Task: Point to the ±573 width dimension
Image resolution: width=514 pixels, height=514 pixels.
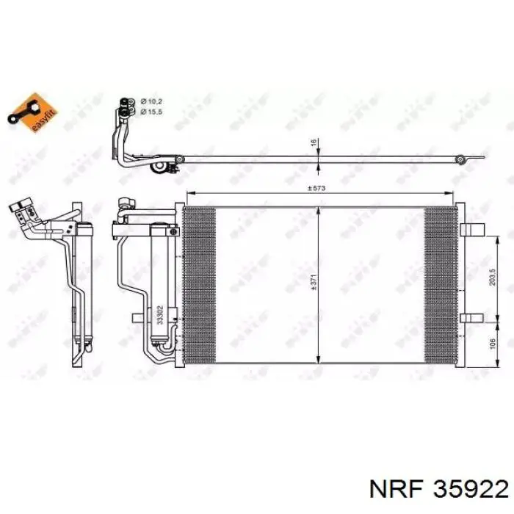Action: tap(316, 189)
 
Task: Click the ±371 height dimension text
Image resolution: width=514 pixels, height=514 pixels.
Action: tap(312, 282)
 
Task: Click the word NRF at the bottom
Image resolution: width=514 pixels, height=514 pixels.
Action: tap(398, 487)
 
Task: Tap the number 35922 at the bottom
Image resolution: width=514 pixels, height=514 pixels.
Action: tap(471, 487)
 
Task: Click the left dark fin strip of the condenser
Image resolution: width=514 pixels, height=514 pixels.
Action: tap(198, 282)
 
